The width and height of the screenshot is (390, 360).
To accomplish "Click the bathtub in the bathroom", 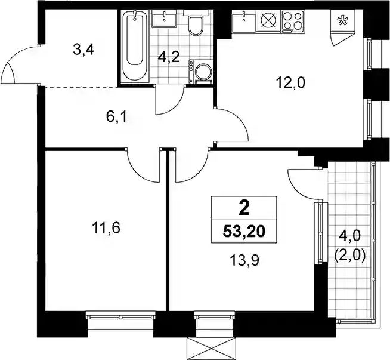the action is point(135,45).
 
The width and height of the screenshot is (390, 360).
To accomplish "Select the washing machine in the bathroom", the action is point(201,72).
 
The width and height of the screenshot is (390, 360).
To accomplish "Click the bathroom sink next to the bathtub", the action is point(165,19).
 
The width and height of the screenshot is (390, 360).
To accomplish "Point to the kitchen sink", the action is point(244,21).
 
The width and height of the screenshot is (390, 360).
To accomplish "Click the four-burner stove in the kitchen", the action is point(293,21).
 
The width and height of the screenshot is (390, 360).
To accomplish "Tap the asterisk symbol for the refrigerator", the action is point(342,21).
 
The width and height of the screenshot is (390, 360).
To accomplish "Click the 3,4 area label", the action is point(83,50).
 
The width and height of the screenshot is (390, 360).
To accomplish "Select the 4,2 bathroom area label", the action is point(169,58).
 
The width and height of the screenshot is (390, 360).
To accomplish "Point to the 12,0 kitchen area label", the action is point(290,83).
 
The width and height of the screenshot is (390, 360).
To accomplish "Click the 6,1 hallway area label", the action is point(116,117).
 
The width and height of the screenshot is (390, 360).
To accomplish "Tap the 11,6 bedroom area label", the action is point(106,228).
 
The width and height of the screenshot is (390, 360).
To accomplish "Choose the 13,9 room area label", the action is point(244,260).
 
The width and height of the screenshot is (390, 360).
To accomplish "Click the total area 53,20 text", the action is point(244,232).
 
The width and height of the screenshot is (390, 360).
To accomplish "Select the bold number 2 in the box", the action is point(244,208).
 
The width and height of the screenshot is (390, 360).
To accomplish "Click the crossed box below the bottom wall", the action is point(211,349).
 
